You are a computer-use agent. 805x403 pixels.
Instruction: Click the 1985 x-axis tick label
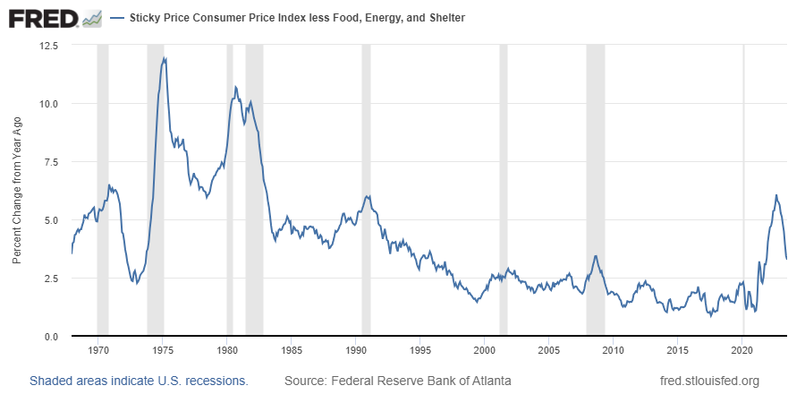[x=291, y=349]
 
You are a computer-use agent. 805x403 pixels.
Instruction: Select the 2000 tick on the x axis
[x=484, y=349]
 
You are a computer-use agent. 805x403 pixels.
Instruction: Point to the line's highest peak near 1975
[x=164, y=58]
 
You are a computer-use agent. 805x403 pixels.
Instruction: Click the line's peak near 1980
[x=235, y=87]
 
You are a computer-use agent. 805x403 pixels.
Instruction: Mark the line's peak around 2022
[x=775, y=195]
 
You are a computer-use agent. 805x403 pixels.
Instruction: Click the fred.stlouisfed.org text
[x=708, y=381]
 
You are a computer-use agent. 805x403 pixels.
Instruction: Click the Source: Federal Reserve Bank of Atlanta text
[x=398, y=381]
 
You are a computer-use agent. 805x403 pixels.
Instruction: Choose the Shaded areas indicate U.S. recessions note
[x=139, y=381]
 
